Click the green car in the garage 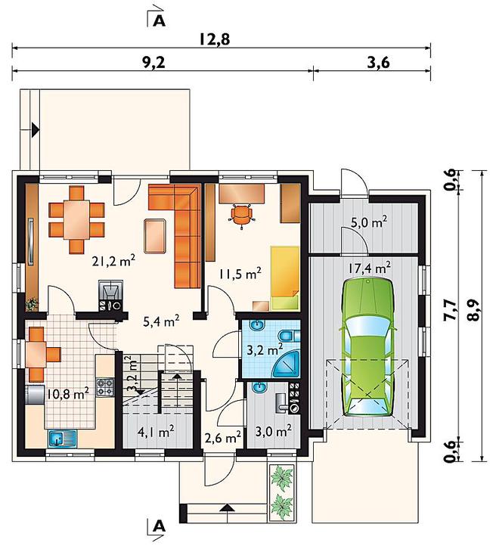[x=369, y=346]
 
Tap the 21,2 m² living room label [x=113, y=260]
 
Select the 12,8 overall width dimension [x=215, y=39]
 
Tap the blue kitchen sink [x=62, y=438]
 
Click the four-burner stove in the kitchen [x=105, y=387]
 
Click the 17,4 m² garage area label [x=370, y=268]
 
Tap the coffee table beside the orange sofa [x=154, y=236]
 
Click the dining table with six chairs [x=76, y=220]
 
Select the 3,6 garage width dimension [x=378, y=63]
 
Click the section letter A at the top [x=160, y=21]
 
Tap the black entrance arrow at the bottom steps [x=226, y=508]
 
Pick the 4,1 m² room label [x=156, y=433]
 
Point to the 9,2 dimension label [x=153, y=63]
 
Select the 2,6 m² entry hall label [x=223, y=437]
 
